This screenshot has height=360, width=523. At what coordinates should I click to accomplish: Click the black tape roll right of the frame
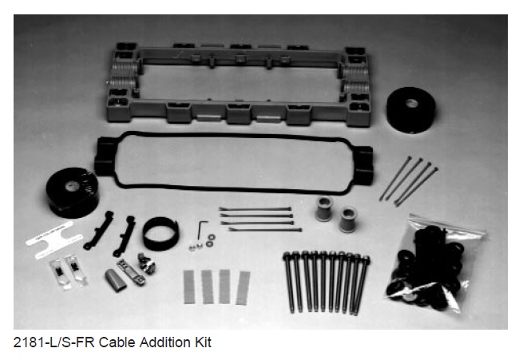click(410, 109)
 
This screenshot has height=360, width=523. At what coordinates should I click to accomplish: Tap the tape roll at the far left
click(73, 192)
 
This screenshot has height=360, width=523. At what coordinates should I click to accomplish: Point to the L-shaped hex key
click(200, 228)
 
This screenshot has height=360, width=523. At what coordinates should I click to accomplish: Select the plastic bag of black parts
click(434, 263)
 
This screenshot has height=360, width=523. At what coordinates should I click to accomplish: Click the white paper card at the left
click(54, 239)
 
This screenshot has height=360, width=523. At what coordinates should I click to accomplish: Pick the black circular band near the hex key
click(160, 234)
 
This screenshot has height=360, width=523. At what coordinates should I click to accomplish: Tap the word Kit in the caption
click(203, 342)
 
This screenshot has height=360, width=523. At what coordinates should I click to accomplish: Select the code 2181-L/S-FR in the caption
click(54, 342)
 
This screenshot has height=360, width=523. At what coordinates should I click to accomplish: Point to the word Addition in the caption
click(164, 342)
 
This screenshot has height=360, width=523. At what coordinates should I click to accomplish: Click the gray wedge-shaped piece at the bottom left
click(116, 280)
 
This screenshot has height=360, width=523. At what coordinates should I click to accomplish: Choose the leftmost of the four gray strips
click(189, 287)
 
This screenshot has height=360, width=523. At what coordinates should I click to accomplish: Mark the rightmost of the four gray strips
click(243, 288)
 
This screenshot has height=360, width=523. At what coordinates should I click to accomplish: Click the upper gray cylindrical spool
click(324, 209)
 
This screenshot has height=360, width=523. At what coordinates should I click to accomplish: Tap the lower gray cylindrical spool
click(347, 220)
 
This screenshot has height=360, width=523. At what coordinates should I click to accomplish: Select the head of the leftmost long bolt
click(287, 256)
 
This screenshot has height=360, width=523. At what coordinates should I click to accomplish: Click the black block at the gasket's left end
click(105, 156)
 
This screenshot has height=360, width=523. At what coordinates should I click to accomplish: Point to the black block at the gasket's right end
click(363, 165)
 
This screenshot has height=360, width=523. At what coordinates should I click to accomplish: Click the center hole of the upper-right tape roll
click(411, 103)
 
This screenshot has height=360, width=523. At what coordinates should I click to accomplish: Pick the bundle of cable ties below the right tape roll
click(409, 181)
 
